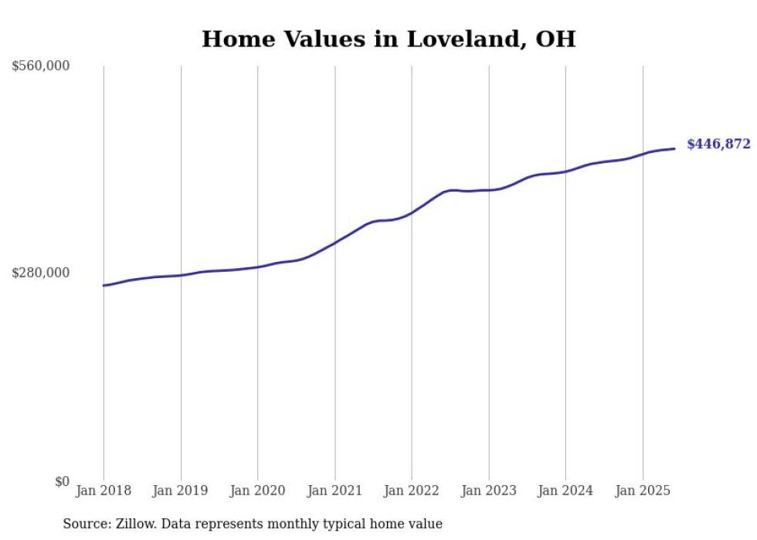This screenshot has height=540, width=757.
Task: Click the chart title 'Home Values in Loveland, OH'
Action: tap(389, 39)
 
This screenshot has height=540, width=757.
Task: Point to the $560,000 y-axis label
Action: tap(41, 66)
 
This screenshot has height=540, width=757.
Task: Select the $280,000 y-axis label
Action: tap(41, 273)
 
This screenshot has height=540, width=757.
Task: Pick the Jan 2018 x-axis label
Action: tap(104, 491)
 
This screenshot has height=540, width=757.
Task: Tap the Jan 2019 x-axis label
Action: tap(181, 491)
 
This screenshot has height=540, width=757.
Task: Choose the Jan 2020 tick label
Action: tap(257, 491)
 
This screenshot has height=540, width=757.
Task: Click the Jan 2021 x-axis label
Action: tap(334, 491)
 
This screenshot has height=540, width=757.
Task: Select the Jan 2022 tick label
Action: tap(412, 491)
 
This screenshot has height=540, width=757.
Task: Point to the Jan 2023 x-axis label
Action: tap(488, 491)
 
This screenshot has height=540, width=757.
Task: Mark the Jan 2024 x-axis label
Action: tap(565, 491)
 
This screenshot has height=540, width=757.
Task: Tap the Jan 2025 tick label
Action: tap(642, 491)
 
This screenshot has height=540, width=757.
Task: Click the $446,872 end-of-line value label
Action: tap(718, 144)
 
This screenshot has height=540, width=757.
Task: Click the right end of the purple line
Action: tap(674, 148)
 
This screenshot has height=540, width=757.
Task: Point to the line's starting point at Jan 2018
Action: tap(104, 286)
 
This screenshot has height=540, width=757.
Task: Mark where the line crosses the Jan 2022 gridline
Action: tap(412, 212)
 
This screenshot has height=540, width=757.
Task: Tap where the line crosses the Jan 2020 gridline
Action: tap(257, 267)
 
